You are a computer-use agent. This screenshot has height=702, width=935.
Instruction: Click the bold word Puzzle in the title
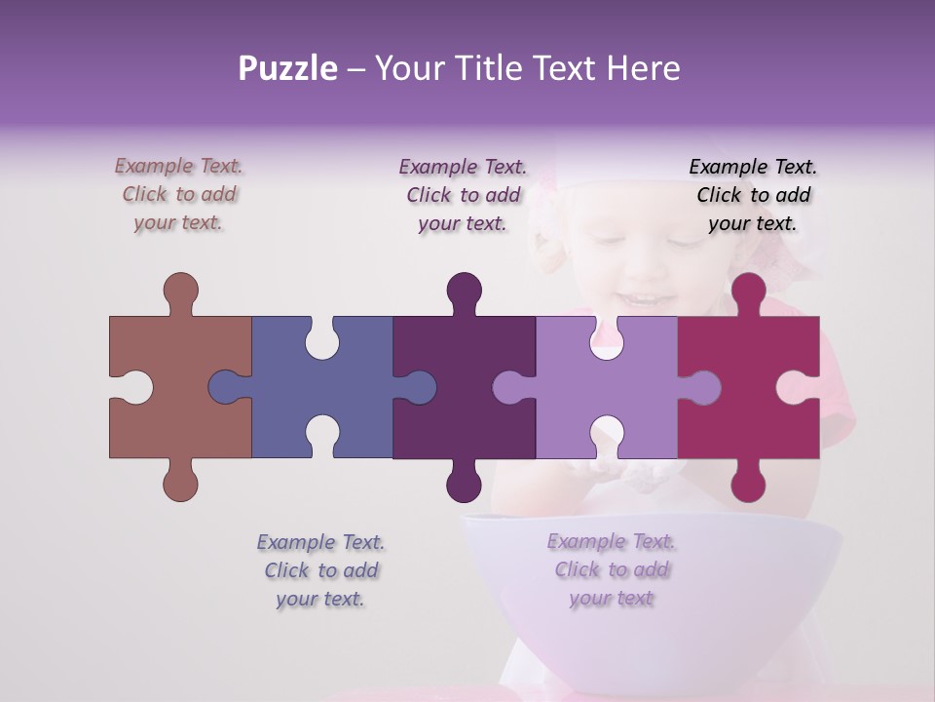click(x=287, y=68)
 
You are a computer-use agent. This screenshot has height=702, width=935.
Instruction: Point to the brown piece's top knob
click(x=180, y=291)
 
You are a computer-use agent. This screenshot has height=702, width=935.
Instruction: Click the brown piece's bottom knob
click(x=180, y=482)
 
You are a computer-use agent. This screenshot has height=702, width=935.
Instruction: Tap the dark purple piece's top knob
click(x=465, y=291)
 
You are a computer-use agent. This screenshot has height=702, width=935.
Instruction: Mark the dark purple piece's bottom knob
click(x=465, y=482)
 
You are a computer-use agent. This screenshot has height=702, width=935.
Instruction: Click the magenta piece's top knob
click(x=748, y=291)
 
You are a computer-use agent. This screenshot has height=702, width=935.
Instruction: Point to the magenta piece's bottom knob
click(x=748, y=482)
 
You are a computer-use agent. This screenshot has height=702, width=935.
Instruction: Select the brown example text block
click(x=178, y=194)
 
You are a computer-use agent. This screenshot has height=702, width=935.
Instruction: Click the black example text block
click(x=753, y=194)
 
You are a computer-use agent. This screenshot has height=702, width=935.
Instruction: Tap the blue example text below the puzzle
click(x=320, y=569)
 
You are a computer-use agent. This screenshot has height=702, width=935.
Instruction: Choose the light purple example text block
click(x=611, y=569)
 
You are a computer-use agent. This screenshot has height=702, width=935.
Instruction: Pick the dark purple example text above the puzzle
click(x=463, y=194)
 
